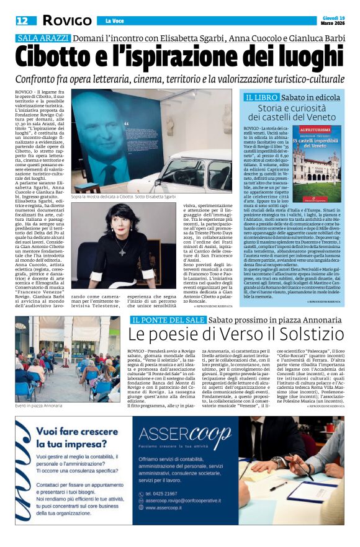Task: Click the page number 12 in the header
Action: click(21, 20)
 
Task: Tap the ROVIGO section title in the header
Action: click(66, 20)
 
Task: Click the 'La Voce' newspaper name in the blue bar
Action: click(114, 21)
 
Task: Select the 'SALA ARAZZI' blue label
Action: click(42, 38)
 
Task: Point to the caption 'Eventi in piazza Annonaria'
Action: click(38, 405)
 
